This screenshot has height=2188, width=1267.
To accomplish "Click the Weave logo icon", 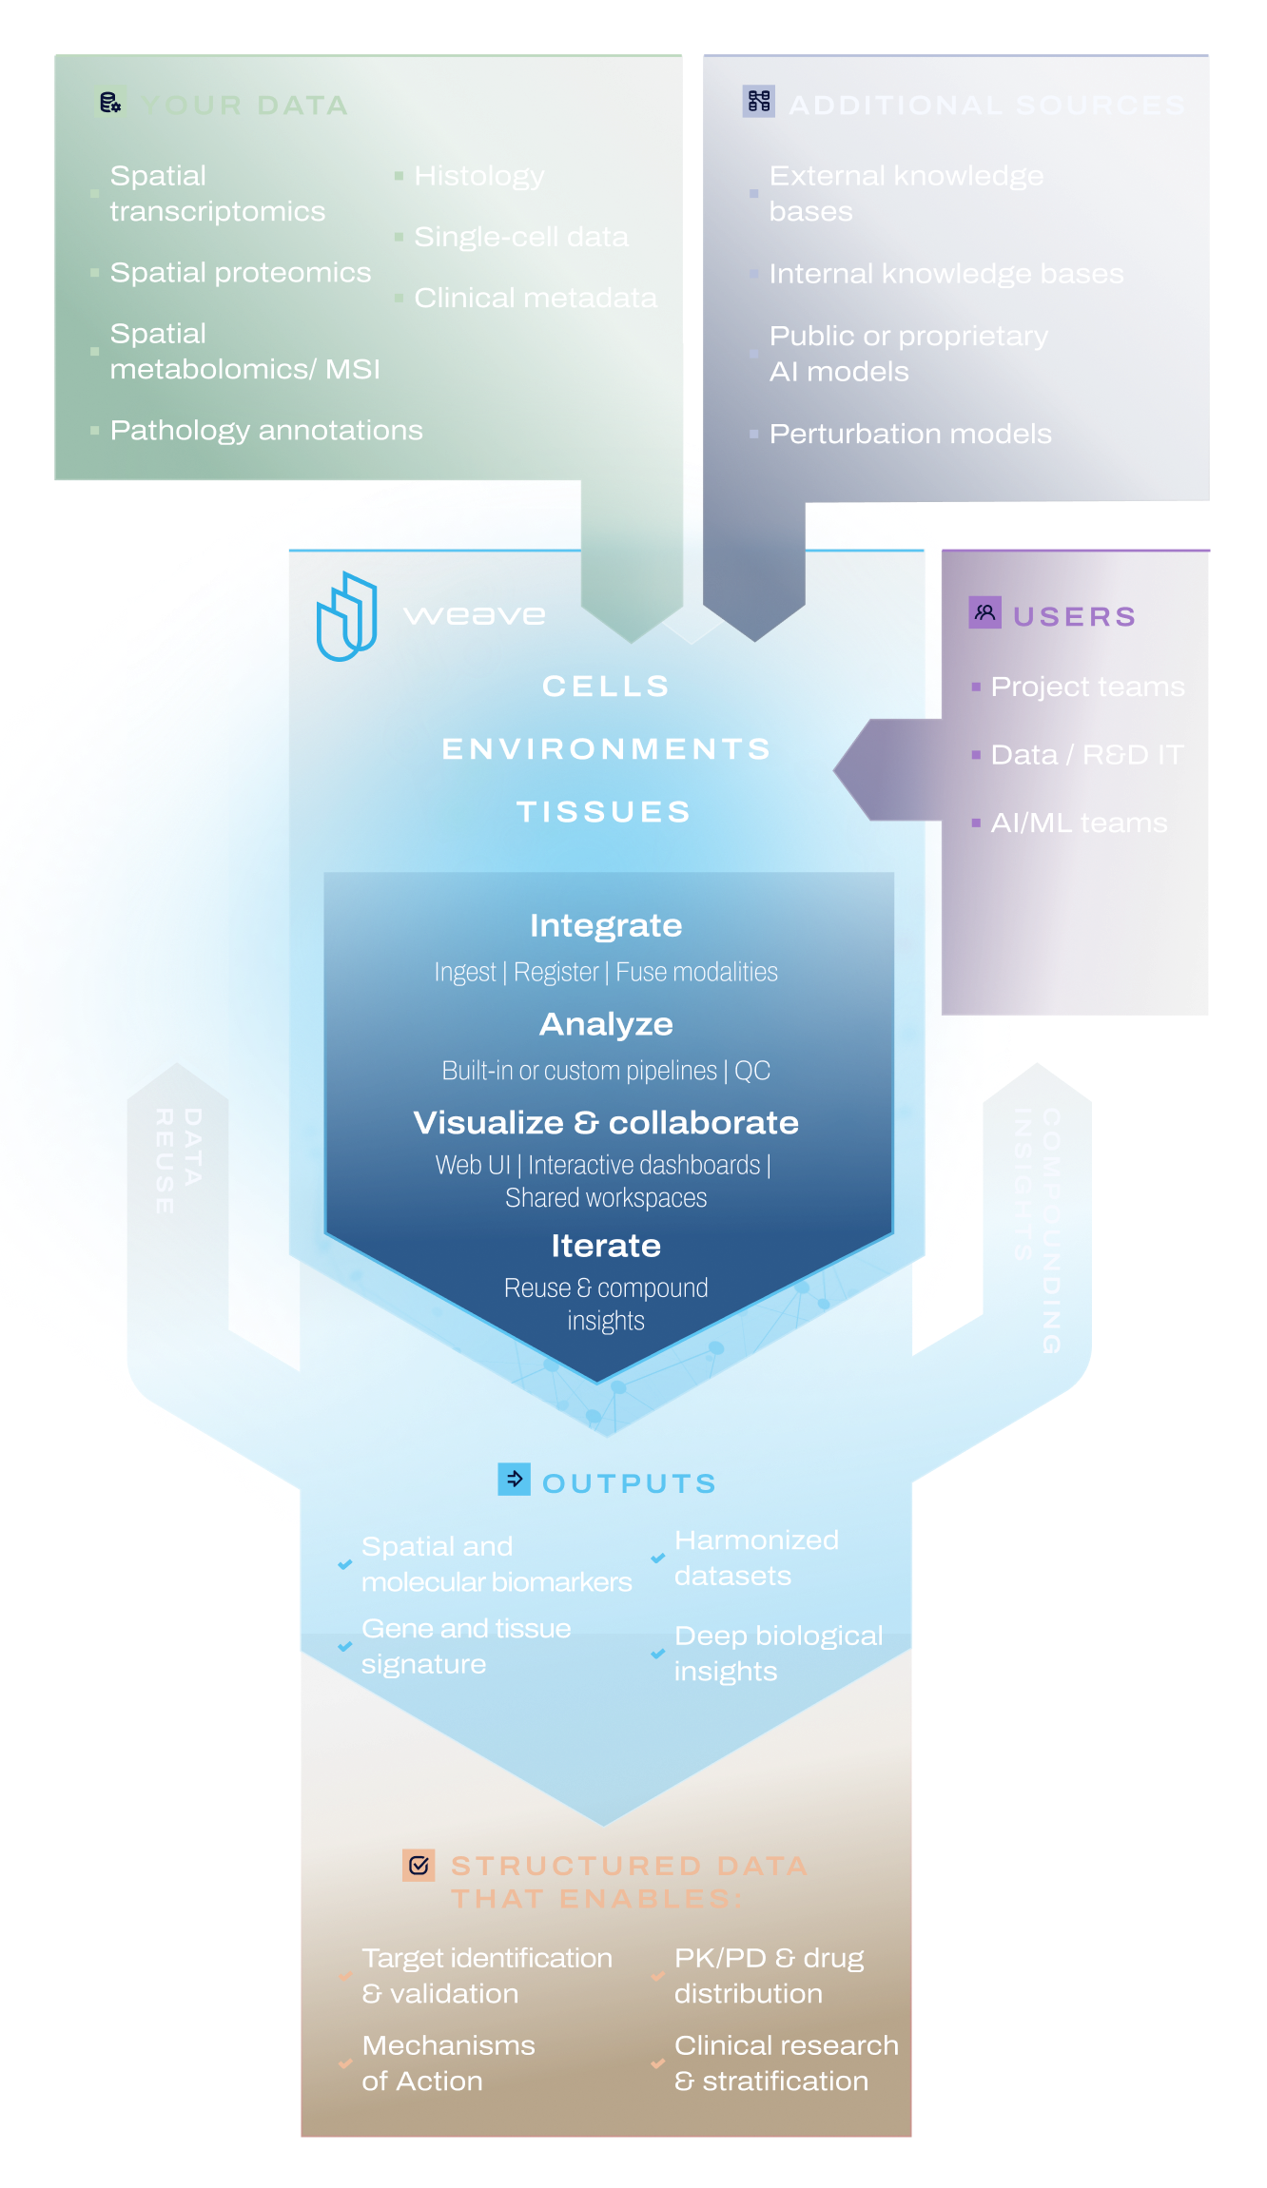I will pos(346,616).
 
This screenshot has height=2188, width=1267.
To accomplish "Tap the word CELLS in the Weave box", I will pos(606,687).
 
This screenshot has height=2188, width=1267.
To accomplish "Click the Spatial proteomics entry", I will pos(240,273).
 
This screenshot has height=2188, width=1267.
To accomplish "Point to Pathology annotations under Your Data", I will pos(265,431).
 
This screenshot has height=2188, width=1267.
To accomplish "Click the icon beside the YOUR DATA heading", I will pos(110,102).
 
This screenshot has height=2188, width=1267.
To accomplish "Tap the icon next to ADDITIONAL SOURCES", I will pos(758,102).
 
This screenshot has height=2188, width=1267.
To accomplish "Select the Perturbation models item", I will pos(909,435).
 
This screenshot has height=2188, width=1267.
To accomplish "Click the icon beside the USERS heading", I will pos(984,612).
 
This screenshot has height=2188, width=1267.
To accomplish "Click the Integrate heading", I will pos(606,925).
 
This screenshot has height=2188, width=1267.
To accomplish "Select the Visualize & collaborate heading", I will pos(606,1123).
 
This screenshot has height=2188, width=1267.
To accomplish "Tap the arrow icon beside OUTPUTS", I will pos(515,1479).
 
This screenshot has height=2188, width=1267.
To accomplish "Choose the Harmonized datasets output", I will pos(756,1558).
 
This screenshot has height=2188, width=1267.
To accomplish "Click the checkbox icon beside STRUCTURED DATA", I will pos(419,1866).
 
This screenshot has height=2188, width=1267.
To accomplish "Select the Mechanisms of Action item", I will pos(448,2063).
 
